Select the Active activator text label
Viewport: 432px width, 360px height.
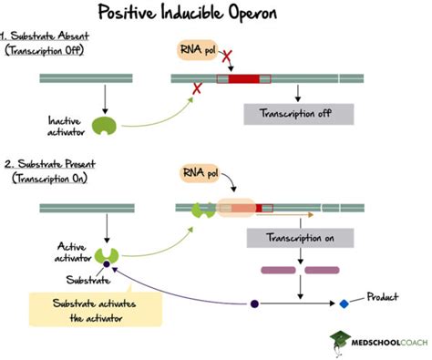point(72,251)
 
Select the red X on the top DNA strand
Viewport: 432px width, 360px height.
point(196,88)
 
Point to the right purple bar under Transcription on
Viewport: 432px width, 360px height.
point(321,271)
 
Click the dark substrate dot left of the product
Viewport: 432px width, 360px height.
point(254,303)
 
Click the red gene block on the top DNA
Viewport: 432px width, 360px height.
point(242,79)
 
